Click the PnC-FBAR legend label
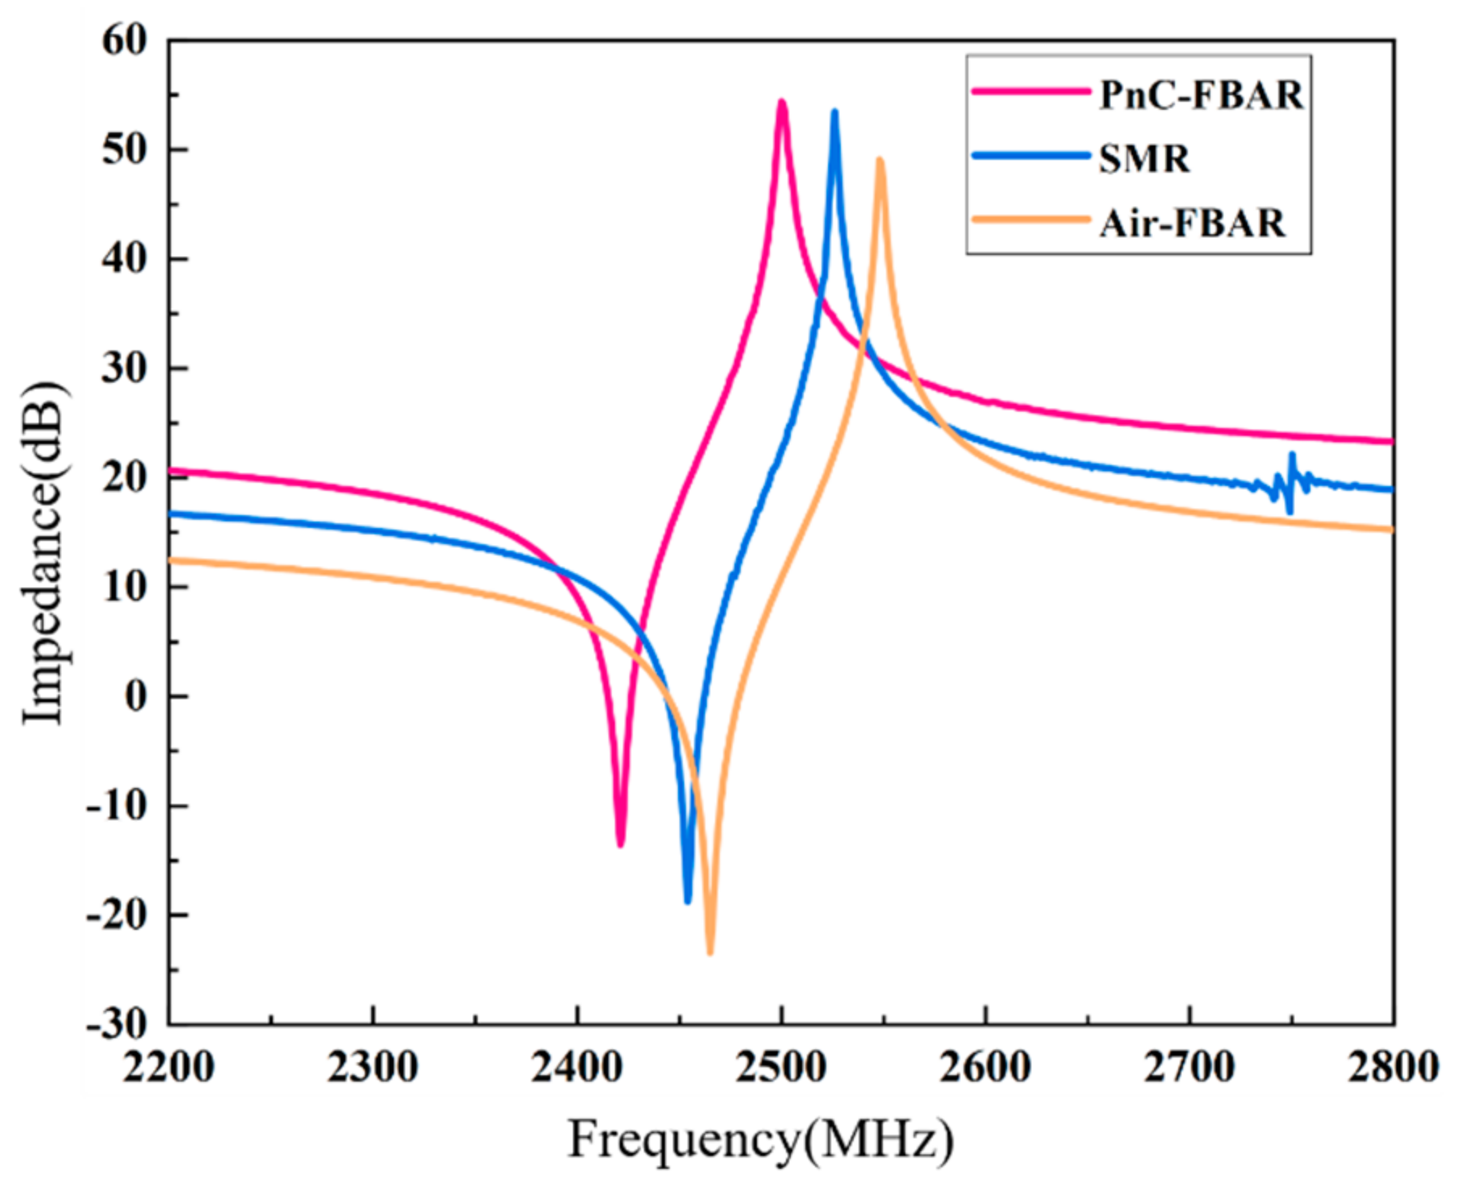click(x=1201, y=96)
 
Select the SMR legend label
click(x=1144, y=159)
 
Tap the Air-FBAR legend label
click(x=1192, y=223)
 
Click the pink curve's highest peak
click(x=781, y=103)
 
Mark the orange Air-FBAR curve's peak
click(x=880, y=160)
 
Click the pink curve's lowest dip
click(x=621, y=844)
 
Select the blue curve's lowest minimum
click(x=688, y=901)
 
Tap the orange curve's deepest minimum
click(x=710, y=953)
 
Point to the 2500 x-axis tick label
click(x=781, y=1069)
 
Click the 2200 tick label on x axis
click(x=169, y=1069)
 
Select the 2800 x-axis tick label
click(x=1394, y=1069)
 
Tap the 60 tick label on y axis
click(x=126, y=40)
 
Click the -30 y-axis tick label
click(x=118, y=1025)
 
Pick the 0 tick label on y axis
click(x=136, y=697)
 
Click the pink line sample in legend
click(x=1030, y=92)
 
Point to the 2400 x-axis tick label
click(x=577, y=1069)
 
